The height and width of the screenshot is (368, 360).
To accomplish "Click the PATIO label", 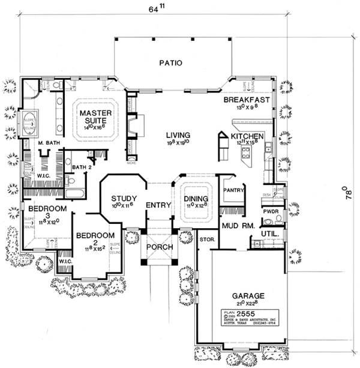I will [170, 62].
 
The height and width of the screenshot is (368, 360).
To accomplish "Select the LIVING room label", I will [179, 135].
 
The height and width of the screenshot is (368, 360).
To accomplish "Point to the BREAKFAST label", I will [247, 100].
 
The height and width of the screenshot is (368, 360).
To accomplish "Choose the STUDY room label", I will [124, 199].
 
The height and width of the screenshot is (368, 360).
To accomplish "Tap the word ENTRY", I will [158, 205].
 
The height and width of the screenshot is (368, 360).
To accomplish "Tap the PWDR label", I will [269, 212].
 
